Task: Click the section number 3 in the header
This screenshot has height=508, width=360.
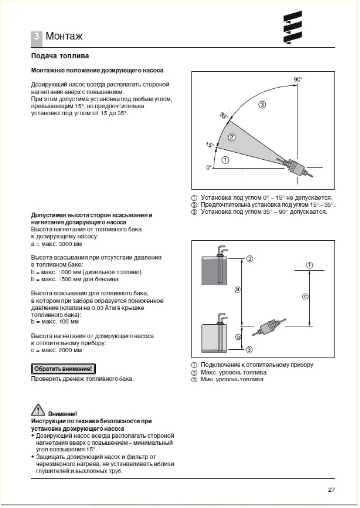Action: (x=37, y=36)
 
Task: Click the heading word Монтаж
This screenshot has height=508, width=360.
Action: (x=64, y=36)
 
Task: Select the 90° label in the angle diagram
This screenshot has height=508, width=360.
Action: (x=298, y=79)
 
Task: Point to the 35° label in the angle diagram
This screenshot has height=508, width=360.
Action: (x=224, y=116)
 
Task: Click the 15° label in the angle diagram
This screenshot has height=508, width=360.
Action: (x=209, y=145)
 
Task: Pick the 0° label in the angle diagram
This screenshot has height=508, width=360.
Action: (x=209, y=168)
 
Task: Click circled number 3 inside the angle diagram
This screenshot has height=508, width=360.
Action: (x=262, y=104)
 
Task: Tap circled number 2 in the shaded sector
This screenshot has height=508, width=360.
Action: (x=231, y=137)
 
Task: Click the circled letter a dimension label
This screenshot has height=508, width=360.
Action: (x=238, y=289)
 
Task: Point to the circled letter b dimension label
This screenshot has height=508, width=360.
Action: (x=238, y=337)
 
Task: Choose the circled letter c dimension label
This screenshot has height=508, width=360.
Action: (x=305, y=297)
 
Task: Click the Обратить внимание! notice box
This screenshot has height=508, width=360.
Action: (x=63, y=369)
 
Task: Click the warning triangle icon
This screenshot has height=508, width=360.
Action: (x=38, y=410)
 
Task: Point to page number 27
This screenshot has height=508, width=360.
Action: (x=331, y=490)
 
